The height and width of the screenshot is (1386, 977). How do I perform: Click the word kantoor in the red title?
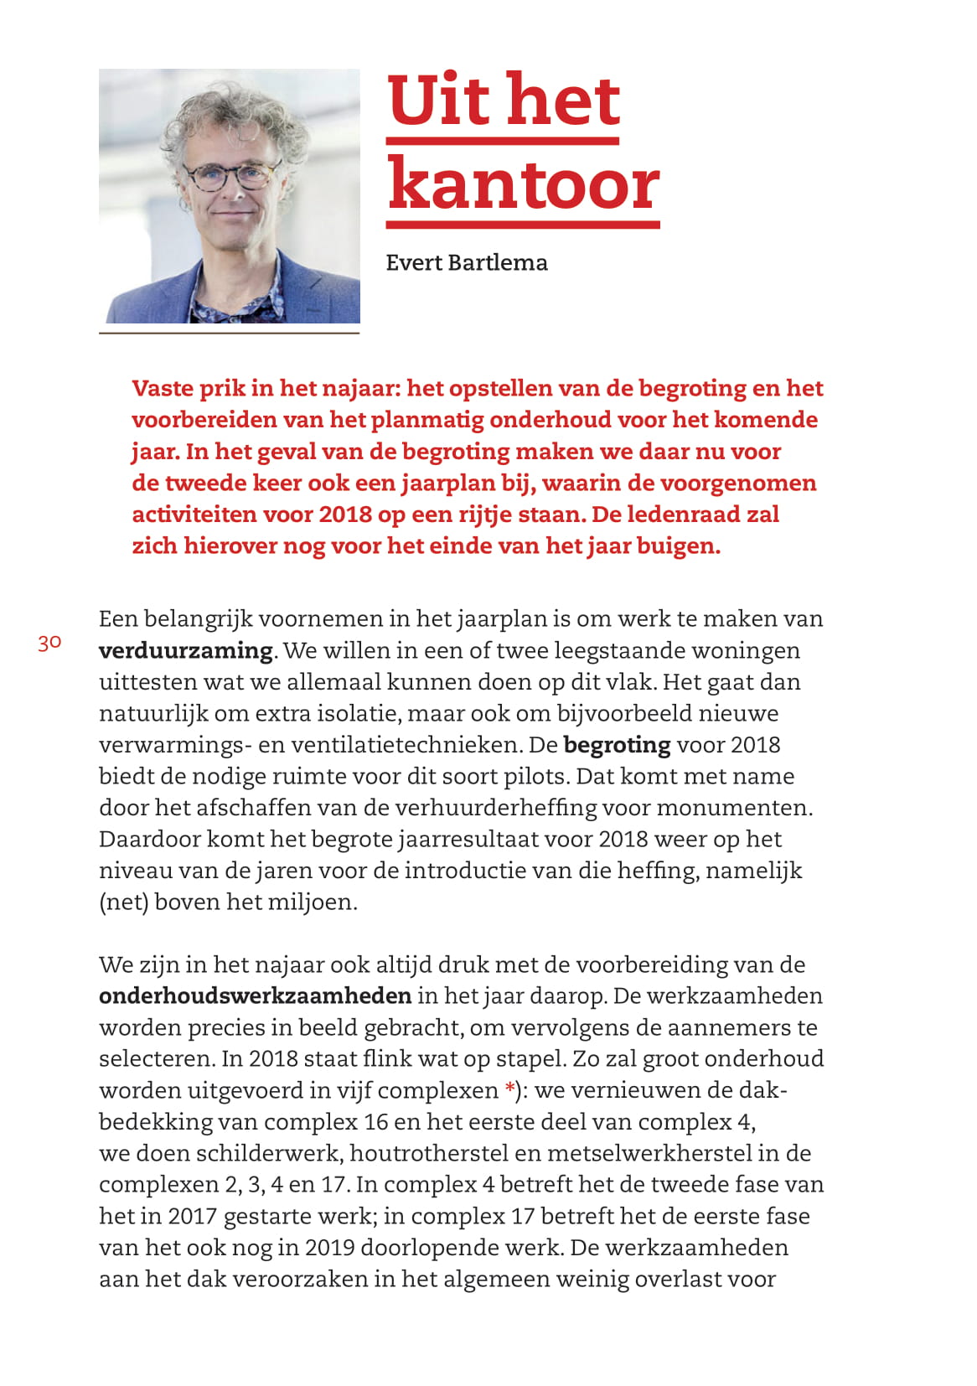tap(524, 185)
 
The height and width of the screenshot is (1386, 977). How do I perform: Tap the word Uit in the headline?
tap(439, 101)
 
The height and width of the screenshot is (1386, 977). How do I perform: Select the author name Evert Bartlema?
tap(467, 262)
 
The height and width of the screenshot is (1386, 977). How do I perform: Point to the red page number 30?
tap(49, 643)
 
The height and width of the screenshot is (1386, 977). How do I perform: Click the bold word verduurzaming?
tap(185, 650)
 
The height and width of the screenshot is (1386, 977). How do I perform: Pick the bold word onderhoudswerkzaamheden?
tap(255, 996)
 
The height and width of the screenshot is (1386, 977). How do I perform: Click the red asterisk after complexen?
tap(509, 1089)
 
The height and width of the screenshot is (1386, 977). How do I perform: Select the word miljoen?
tap(314, 902)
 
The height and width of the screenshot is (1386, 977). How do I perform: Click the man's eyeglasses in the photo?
tap(229, 175)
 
